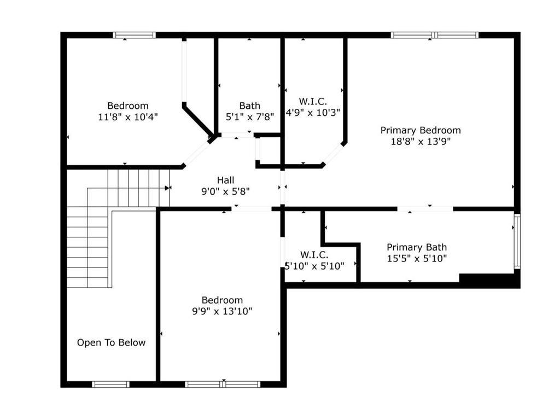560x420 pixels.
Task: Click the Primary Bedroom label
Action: pyautogui.click(x=421, y=130)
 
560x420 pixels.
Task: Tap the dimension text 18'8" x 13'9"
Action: pyautogui.click(x=421, y=142)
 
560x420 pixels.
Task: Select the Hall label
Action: pyautogui.click(x=226, y=180)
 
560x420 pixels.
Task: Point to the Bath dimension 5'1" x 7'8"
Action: pyautogui.click(x=249, y=117)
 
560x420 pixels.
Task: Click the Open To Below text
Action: pyautogui.click(x=112, y=342)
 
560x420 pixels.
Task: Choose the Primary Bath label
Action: pyautogui.click(x=417, y=247)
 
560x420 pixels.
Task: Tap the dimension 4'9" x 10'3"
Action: pyautogui.click(x=313, y=113)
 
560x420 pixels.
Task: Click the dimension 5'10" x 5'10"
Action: pyautogui.click(x=314, y=266)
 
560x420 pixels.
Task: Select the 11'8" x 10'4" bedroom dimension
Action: pyautogui.click(x=128, y=117)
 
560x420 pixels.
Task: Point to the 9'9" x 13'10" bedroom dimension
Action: pyautogui.click(x=222, y=311)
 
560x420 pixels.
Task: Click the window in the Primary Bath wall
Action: pyautogui.click(x=517, y=241)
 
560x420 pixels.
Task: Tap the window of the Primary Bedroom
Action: pyautogui.click(x=434, y=35)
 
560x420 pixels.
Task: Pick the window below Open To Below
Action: pyautogui.click(x=110, y=384)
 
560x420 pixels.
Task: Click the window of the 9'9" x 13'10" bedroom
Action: pyautogui.click(x=223, y=384)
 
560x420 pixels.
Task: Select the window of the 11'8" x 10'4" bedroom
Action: pyautogui.click(x=135, y=35)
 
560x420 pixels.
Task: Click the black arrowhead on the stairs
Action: pyautogui.click(x=167, y=188)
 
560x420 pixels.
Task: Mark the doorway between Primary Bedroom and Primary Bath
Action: pyautogui.click(x=425, y=209)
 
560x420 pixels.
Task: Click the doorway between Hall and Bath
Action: pyautogui.click(x=236, y=135)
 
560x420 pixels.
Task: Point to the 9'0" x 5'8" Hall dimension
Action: pyautogui.click(x=226, y=192)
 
